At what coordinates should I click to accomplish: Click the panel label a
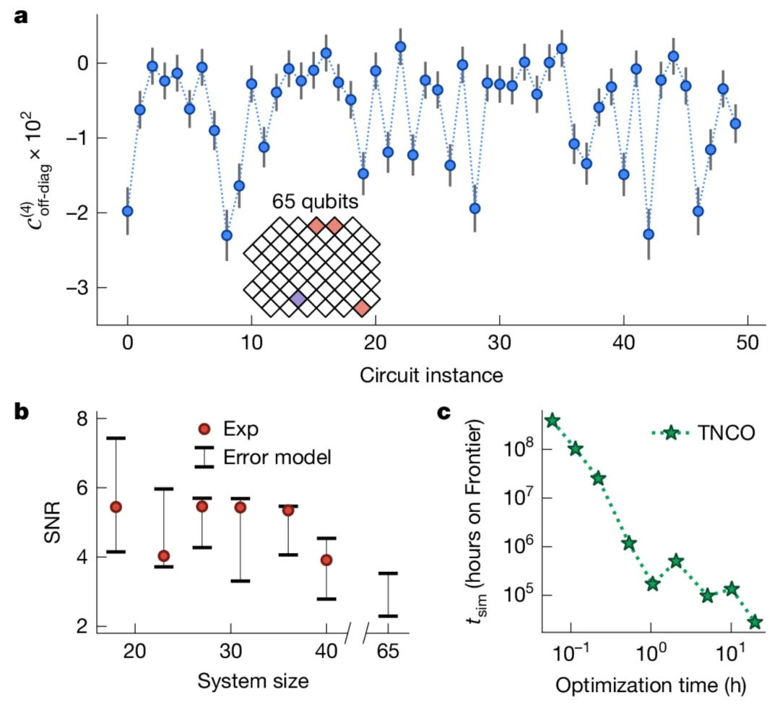(x=21, y=17)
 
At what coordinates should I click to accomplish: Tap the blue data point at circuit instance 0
(x=128, y=211)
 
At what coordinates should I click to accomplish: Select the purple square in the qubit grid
(x=297, y=299)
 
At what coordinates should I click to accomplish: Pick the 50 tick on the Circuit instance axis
(x=747, y=340)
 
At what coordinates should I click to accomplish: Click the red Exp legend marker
(x=204, y=430)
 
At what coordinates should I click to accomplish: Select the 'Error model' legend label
(x=277, y=457)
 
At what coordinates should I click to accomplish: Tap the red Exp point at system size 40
(x=326, y=560)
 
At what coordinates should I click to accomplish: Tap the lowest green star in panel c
(x=755, y=622)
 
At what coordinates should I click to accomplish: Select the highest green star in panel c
(x=552, y=421)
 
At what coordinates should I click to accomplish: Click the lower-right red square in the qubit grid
(x=362, y=309)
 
